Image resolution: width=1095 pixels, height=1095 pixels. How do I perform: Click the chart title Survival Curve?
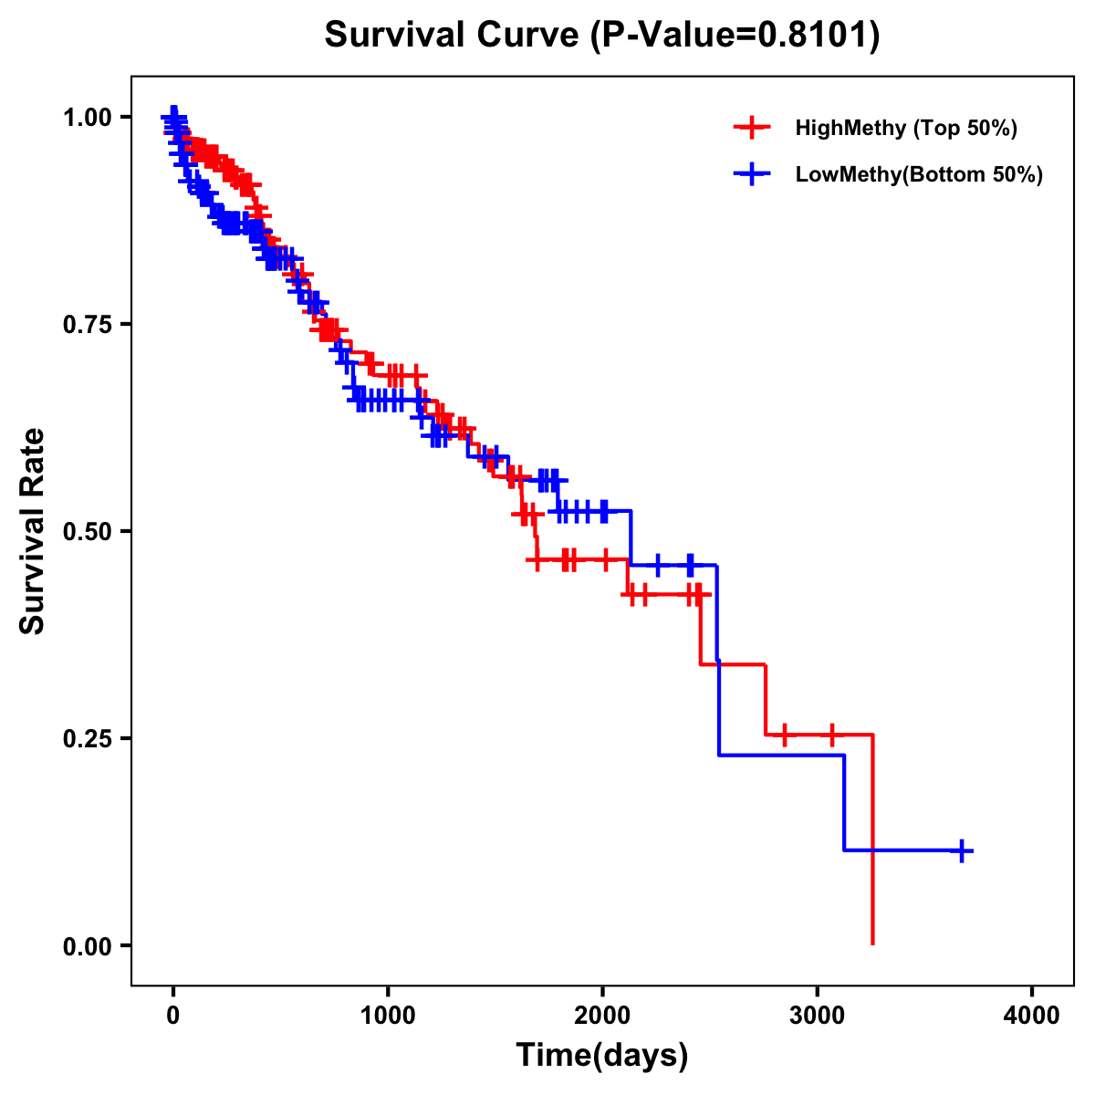452,36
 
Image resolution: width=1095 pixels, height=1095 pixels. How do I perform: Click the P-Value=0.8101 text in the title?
735,36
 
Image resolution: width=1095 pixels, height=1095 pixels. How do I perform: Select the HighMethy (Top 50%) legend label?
905,128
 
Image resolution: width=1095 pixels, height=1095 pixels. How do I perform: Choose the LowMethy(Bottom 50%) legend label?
918,174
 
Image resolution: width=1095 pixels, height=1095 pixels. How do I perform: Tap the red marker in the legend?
751,128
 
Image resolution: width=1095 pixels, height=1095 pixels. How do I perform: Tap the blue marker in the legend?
751,174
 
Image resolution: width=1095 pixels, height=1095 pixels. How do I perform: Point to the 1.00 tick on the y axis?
87,117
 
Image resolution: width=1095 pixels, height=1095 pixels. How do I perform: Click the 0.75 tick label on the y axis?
87,324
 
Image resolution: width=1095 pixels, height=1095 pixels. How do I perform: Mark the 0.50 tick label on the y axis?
87,531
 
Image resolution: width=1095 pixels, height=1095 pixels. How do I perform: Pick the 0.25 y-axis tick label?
87,738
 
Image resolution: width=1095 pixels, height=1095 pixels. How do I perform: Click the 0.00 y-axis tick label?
87,945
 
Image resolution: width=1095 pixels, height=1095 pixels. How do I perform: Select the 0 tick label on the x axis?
173,1016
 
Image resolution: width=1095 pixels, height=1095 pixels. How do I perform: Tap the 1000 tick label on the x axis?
388,1016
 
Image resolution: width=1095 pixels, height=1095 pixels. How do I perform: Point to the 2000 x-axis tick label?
602,1016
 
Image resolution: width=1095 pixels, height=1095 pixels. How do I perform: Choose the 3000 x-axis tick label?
817,1016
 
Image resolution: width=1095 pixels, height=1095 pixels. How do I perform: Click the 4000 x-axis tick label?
1032,1016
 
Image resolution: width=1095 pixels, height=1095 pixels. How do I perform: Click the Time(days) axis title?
602,1056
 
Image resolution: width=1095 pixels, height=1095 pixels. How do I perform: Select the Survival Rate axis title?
33,531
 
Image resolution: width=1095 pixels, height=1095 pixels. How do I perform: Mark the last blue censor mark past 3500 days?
961,850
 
